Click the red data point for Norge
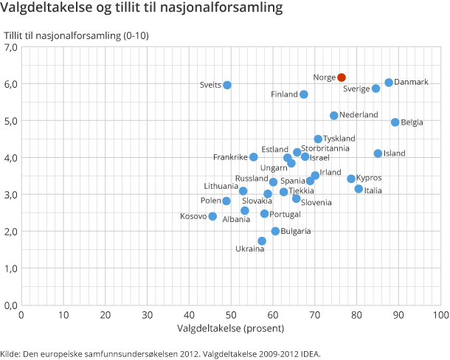[x=342, y=77]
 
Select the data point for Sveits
[x=227, y=85]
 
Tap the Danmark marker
[x=389, y=83]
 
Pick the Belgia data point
[x=395, y=122]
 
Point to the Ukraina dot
[x=262, y=241]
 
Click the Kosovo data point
[x=212, y=217]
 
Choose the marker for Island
[x=378, y=153]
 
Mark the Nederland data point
[x=334, y=116]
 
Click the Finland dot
[x=304, y=94]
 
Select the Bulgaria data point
[x=275, y=232]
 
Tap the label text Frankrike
[x=230, y=157]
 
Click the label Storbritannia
[x=326, y=148]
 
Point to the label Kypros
[x=369, y=178]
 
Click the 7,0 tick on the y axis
[x=11, y=47]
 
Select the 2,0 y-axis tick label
[x=11, y=232]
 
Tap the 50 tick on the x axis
[x=232, y=314]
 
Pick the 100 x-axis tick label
[x=440, y=314]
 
